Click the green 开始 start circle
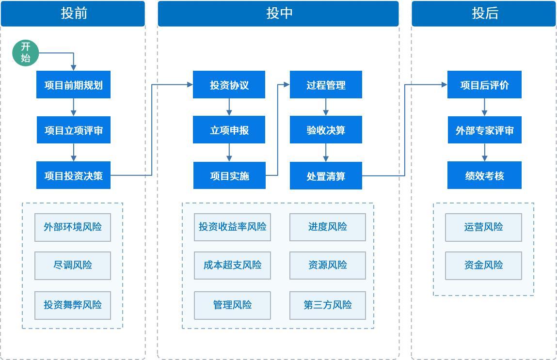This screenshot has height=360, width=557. click(x=25, y=53)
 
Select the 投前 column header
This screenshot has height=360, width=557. click(x=73, y=14)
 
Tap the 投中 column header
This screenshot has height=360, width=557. click(x=278, y=14)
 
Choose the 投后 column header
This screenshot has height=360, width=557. click(x=484, y=14)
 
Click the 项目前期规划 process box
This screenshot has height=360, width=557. click(x=73, y=85)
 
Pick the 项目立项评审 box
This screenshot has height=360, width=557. click(x=73, y=130)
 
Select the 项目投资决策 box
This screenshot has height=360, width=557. click(x=73, y=175)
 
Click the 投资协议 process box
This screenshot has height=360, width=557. click(x=229, y=85)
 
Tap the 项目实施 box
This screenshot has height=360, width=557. click(x=229, y=175)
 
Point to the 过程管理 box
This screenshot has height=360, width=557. click(x=326, y=85)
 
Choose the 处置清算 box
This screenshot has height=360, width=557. click(x=326, y=175)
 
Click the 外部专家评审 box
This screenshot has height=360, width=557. click(x=484, y=130)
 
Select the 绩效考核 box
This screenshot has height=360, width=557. click(x=484, y=175)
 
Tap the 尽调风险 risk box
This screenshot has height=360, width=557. click(x=73, y=266)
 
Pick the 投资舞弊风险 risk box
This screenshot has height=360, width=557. click(x=73, y=305)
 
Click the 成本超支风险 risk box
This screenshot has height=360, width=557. click(x=232, y=266)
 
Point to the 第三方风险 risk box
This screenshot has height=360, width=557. click(x=328, y=305)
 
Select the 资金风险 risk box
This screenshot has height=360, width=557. click(x=483, y=266)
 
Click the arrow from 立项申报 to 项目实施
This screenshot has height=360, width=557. click(x=229, y=153)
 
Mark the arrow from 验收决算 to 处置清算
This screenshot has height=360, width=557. click(x=326, y=153)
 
